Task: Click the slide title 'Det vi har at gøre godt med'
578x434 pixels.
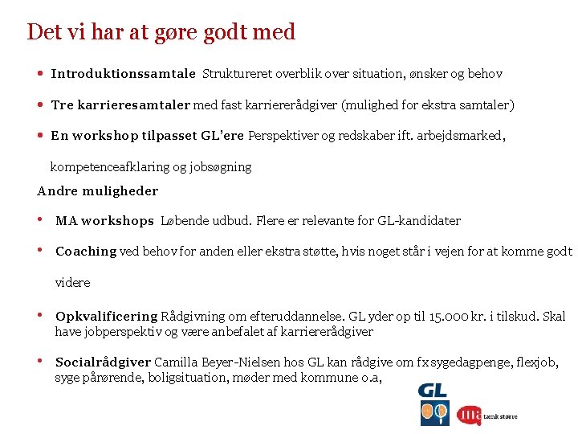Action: point(161,32)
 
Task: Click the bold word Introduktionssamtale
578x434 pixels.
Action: point(123,74)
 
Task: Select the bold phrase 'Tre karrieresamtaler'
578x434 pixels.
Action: point(120,105)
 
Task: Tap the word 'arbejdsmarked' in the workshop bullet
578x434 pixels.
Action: point(463,136)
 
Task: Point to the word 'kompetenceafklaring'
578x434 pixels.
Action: point(109,167)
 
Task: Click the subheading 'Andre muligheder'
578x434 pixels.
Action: point(98,191)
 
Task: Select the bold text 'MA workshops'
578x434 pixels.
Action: point(104,221)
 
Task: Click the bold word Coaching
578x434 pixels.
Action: point(86,252)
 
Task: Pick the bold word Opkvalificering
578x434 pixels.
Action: point(107,317)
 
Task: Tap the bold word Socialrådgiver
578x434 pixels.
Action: point(104,363)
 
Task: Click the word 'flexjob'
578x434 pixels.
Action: point(538,363)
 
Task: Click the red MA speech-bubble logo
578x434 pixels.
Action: point(469,415)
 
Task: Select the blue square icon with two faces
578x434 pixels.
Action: point(435,413)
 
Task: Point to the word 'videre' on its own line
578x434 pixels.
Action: point(73,283)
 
